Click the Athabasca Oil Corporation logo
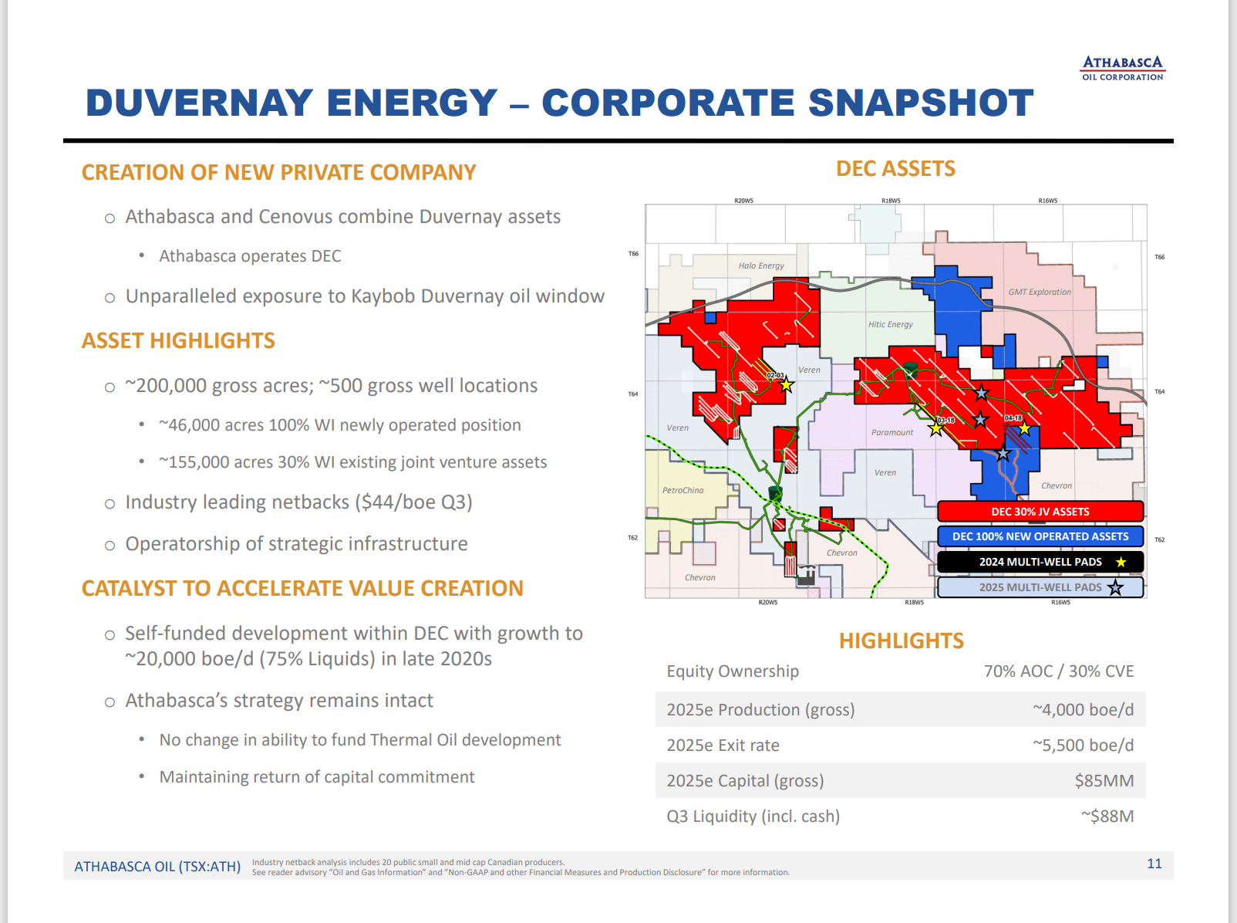(1122, 68)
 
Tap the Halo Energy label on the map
(760, 265)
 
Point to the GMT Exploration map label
(1039, 292)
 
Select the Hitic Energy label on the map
(890, 324)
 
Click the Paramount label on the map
(892, 432)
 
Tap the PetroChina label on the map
(683, 490)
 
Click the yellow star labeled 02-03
(786, 384)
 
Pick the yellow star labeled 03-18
(936, 428)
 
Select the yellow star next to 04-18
(1024, 428)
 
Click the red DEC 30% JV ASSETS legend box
(1040, 512)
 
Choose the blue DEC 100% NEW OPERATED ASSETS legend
(1040, 536)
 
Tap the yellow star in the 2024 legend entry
(1121, 562)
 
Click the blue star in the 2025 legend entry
(1115, 587)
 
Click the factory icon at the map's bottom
(806, 576)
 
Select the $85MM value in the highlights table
(1104, 781)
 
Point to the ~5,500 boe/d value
(1083, 745)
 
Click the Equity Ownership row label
(733, 671)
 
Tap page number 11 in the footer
(1154, 864)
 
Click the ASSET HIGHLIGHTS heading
(178, 341)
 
